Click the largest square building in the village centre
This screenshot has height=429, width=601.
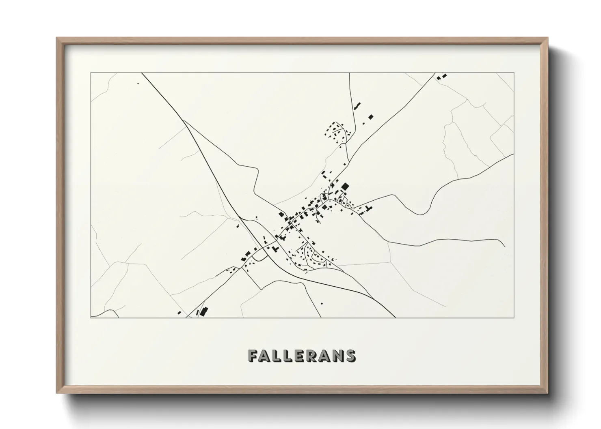[345, 187]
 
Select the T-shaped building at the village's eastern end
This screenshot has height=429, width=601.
[369, 208]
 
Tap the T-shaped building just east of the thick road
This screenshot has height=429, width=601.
[276, 248]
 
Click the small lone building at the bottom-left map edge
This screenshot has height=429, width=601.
[179, 313]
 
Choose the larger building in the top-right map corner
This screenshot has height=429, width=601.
[444, 76]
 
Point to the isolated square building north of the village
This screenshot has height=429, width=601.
[370, 117]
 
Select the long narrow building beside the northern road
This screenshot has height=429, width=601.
[357, 106]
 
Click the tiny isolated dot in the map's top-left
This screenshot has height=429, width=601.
[138, 84]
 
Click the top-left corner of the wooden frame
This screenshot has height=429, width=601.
[57, 38]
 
